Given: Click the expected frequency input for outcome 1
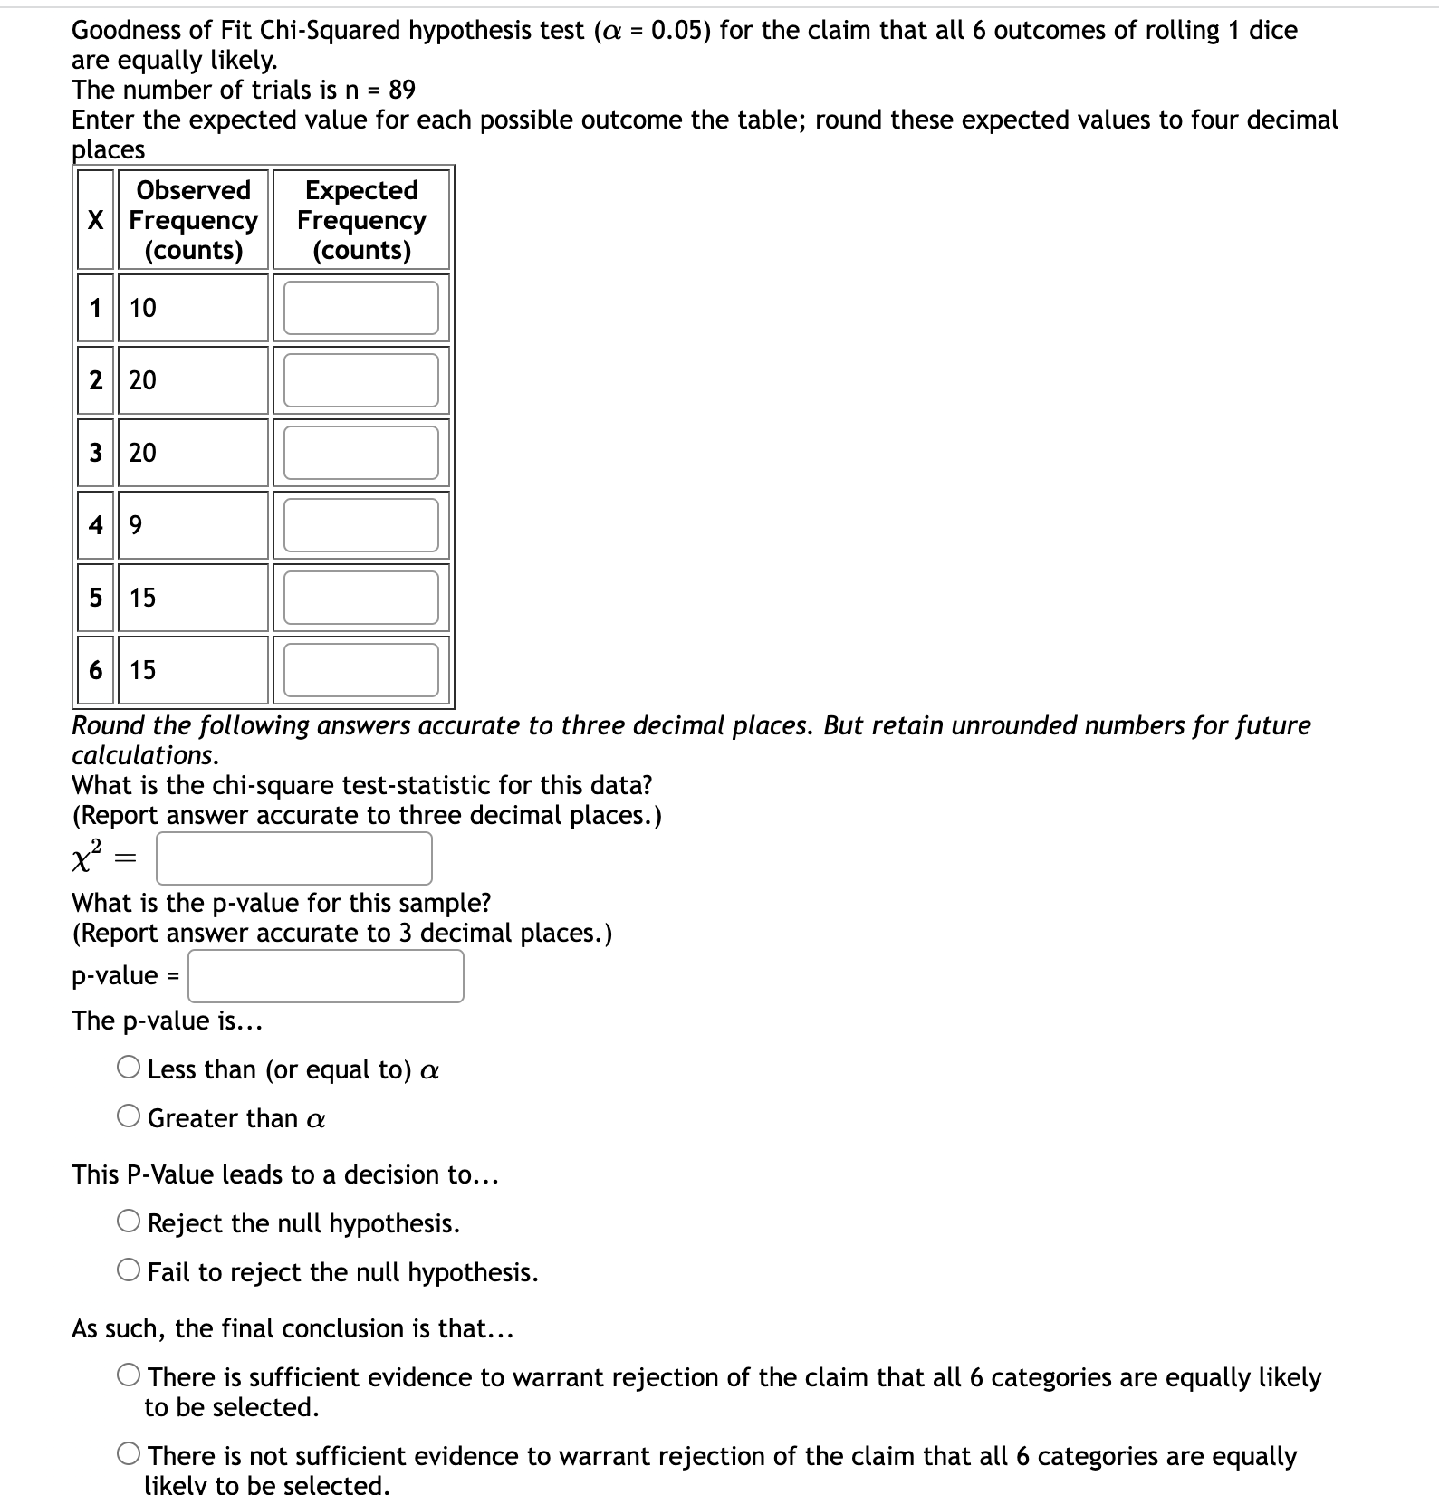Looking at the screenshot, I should (x=360, y=308).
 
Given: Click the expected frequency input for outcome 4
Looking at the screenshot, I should (x=360, y=525).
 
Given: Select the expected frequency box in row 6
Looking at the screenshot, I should (x=360, y=670).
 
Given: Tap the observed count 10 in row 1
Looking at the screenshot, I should (x=143, y=308).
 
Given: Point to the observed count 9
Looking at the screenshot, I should (x=136, y=525).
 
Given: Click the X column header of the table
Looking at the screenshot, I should (x=95, y=220).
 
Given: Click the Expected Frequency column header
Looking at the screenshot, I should (x=361, y=220).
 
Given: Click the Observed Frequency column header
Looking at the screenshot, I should (x=193, y=220).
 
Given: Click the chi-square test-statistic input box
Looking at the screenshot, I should (x=293, y=858).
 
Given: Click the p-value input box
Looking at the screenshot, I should (x=326, y=976).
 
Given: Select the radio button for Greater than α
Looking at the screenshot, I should (x=129, y=1117).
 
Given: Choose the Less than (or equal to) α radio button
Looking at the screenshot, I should (x=129, y=1069).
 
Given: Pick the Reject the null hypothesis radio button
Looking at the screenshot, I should (x=129, y=1222).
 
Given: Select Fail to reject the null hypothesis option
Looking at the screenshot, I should (x=129, y=1271).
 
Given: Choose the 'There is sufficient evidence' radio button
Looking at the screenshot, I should (x=129, y=1376).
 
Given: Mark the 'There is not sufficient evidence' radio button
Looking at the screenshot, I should (x=129, y=1455).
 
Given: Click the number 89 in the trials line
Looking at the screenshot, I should (x=401, y=90).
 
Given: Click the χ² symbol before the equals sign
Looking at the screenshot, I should (x=87, y=858).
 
